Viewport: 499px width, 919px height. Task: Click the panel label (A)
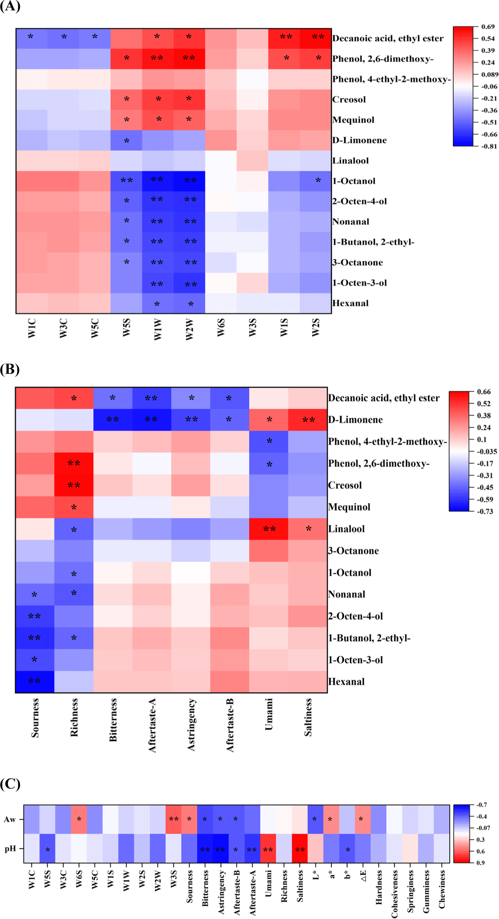[10, 7]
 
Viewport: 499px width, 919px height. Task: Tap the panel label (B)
[10, 369]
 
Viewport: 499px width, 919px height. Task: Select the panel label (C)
[10, 784]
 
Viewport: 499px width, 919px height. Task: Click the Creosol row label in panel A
[349, 99]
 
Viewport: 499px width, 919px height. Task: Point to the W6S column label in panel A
[221, 328]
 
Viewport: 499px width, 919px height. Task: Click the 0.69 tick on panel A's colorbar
[488, 27]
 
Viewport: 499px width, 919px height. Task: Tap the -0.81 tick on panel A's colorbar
[489, 146]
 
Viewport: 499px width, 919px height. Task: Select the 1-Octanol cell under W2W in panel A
[189, 181]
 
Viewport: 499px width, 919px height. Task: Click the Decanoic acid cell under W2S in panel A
[316, 38]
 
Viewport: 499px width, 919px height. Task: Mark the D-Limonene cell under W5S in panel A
[126, 140]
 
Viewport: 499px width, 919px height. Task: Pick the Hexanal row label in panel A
[350, 303]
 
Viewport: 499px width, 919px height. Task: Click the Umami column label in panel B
[269, 714]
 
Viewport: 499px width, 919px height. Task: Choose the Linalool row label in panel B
[346, 529]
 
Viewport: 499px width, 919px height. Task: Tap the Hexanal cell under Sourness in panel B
[35, 682]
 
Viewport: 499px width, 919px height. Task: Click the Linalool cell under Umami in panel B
[269, 529]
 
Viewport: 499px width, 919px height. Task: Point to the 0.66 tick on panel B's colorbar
[484, 392]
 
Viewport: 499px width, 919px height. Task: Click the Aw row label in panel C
[10, 820]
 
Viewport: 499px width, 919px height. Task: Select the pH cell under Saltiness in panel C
[300, 849]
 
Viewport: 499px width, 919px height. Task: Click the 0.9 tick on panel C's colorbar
[480, 862]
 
